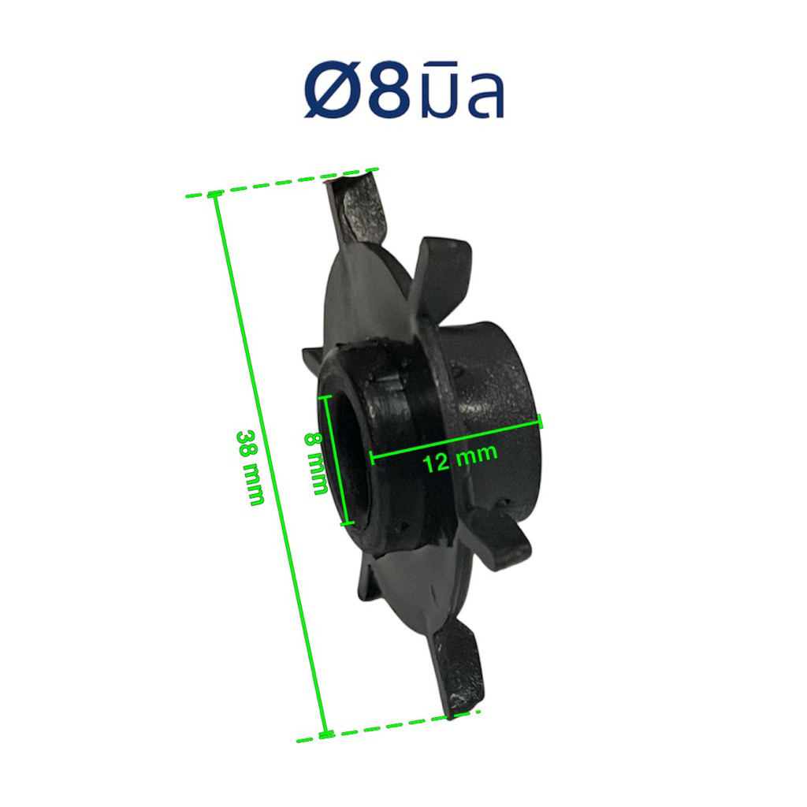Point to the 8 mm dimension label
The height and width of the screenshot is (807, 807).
coord(316,463)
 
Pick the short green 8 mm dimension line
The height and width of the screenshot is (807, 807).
coord(336,460)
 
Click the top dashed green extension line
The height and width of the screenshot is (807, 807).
coord(282,182)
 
